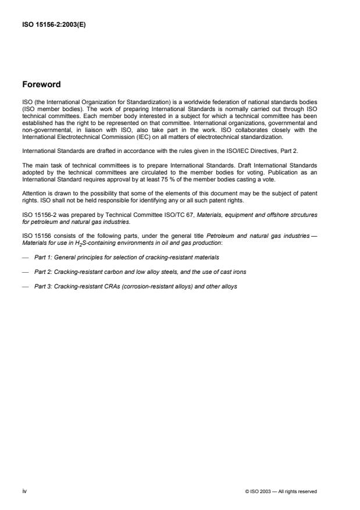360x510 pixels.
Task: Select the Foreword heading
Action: coord(42,84)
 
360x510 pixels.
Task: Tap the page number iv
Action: coord(24,491)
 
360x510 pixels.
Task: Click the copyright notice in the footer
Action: coord(282,491)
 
